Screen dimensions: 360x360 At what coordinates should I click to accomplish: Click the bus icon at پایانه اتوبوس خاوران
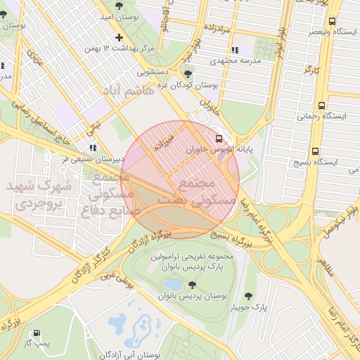pyautogui.click(x=219, y=138)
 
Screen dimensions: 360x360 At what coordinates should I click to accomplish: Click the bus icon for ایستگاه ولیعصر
pyautogui.click(x=332, y=21)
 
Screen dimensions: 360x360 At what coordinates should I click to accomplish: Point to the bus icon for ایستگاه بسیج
pyautogui.click(x=314, y=151)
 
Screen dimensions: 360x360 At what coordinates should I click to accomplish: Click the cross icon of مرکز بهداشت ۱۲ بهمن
pyautogui.click(x=119, y=37)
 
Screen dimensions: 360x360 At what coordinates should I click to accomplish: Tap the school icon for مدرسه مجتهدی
pyautogui.click(x=235, y=50)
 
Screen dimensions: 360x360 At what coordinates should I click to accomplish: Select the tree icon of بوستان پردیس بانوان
pyautogui.click(x=191, y=285)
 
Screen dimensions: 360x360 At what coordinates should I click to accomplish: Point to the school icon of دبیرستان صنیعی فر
pyautogui.click(x=93, y=148)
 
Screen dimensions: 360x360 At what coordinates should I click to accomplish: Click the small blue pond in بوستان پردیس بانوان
pyautogui.click(x=172, y=285)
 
